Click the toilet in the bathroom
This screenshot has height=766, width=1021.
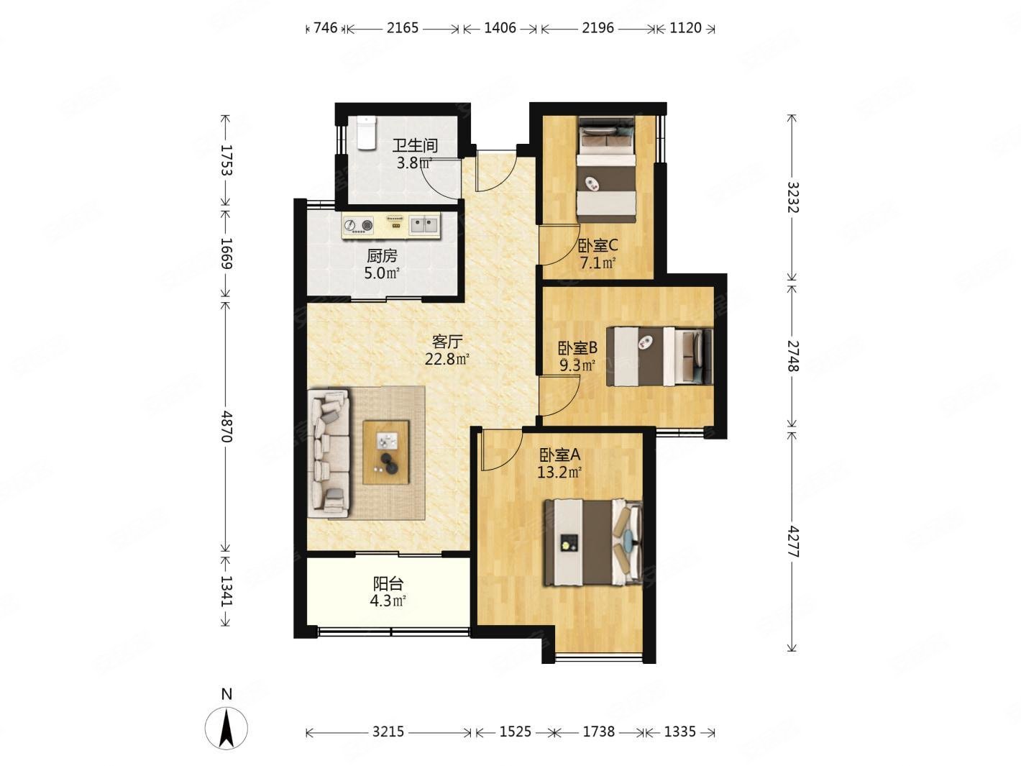click(367, 133)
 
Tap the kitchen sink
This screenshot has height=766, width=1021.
click(423, 225)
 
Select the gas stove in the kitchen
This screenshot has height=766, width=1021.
click(359, 226)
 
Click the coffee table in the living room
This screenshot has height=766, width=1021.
click(386, 452)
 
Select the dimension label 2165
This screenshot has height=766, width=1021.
click(403, 28)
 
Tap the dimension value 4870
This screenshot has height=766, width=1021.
click(226, 427)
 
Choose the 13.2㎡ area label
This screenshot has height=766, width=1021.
click(559, 473)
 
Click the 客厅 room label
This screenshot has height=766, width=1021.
click(447, 342)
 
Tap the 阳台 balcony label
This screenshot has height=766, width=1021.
click(388, 584)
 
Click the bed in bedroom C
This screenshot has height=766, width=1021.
click(607, 170)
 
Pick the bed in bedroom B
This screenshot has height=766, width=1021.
click(659, 356)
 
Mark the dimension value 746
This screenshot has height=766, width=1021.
click(325, 28)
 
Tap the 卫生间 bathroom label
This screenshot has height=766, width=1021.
click(415, 145)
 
